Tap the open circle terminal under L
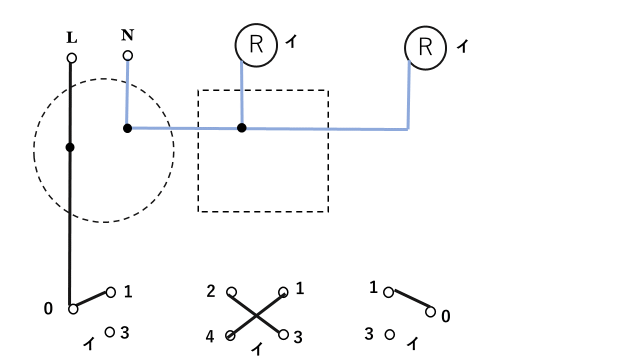(x=71, y=58)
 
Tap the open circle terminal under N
(x=128, y=55)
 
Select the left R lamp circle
(x=256, y=45)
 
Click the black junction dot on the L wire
(x=70, y=147)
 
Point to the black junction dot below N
(x=127, y=128)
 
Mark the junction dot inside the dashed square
(x=242, y=128)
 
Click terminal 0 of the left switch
(x=73, y=309)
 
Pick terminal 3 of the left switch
(x=110, y=331)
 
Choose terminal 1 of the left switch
(x=111, y=292)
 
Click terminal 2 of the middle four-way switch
(x=231, y=292)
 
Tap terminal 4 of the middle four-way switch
(x=230, y=335)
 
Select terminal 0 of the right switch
(x=430, y=312)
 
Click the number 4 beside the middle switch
(x=210, y=337)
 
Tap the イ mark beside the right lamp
(x=463, y=46)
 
